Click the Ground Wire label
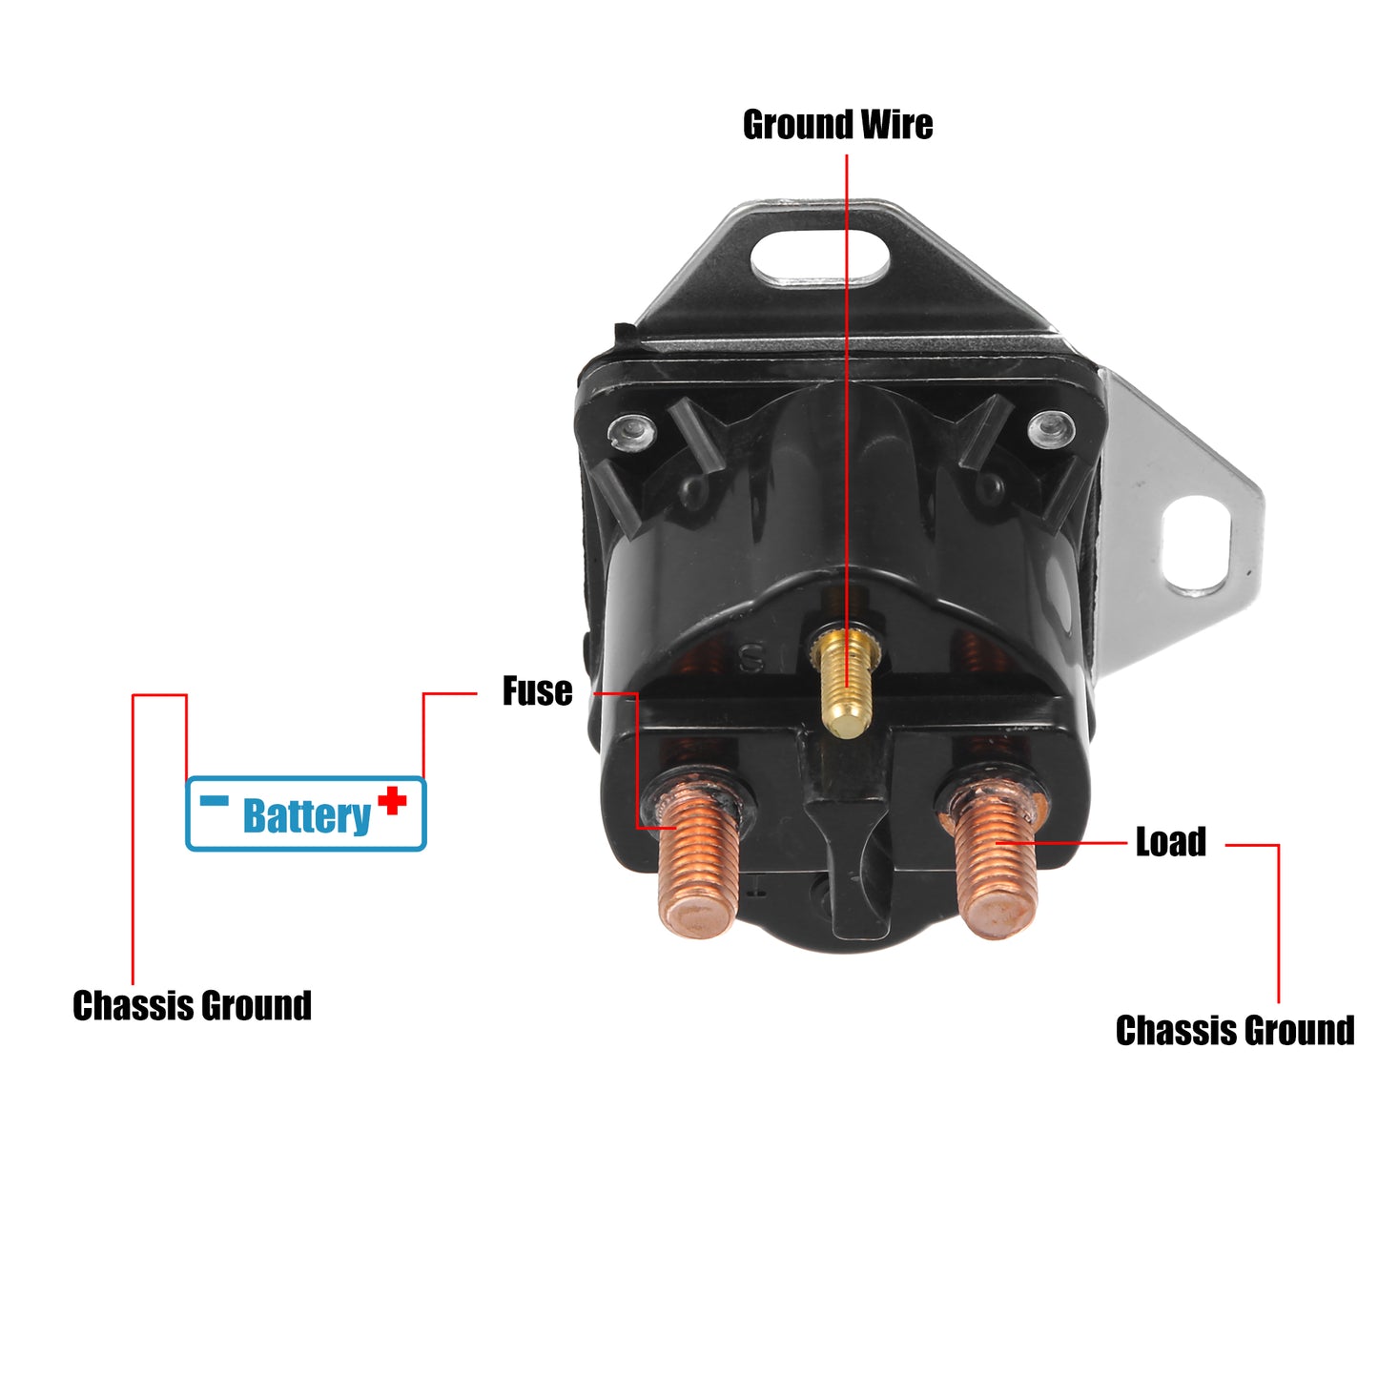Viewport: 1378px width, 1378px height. coord(837,124)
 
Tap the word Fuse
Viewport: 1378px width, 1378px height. coord(537,690)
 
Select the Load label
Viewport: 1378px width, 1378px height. coord(1171,841)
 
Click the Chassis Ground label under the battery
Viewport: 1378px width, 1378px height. coord(193,1005)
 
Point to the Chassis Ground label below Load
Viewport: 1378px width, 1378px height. coord(1235,1031)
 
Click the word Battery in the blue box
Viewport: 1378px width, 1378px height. coord(307,816)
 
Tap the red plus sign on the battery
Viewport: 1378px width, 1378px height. coord(392,800)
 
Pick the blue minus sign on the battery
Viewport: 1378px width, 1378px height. coord(214,800)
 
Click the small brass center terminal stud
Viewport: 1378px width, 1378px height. coord(846,679)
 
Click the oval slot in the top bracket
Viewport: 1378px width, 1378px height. coord(820,257)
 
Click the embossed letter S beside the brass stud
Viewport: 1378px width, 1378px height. coord(751,659)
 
